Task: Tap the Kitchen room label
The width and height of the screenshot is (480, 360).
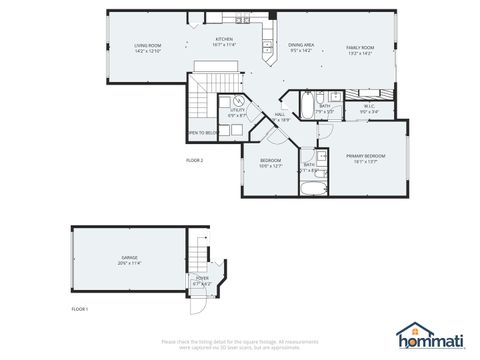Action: point(223,39)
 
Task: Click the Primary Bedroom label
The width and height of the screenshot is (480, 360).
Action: point(365,156)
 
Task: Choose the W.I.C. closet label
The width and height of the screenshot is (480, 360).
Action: point(369,107)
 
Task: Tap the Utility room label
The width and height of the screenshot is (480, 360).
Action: point(237,112)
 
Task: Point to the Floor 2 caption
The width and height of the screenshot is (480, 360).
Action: point(194,160)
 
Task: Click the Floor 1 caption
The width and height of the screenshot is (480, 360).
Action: point(80,310)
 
